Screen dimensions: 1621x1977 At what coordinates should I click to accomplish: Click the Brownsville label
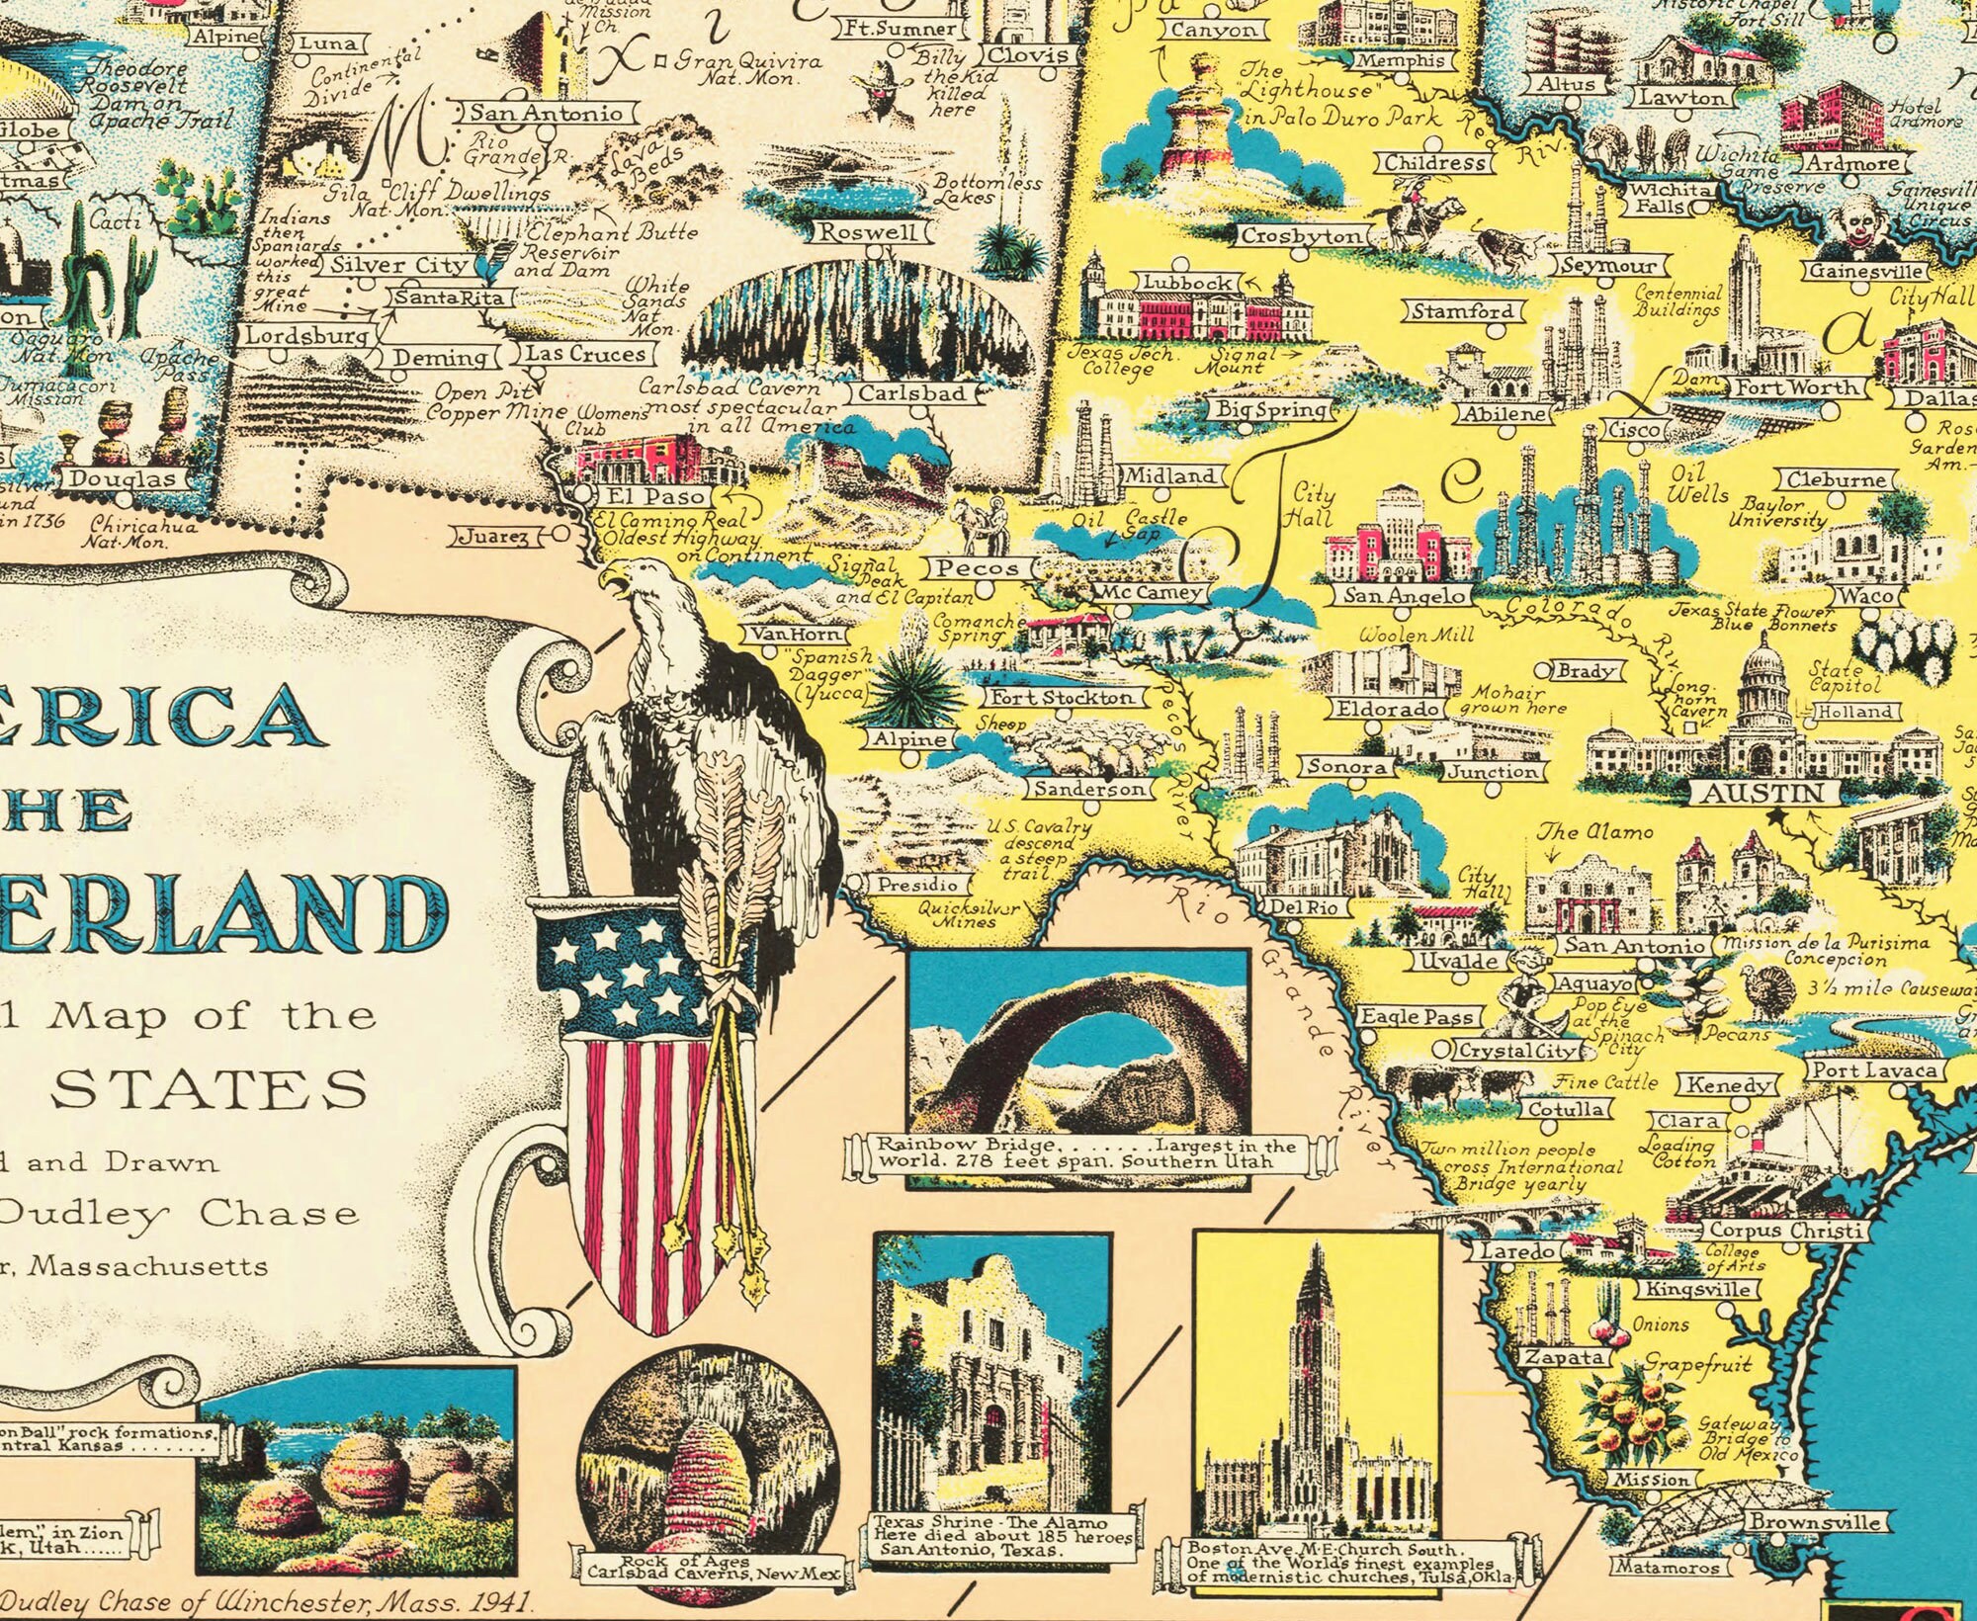click(x=1815, y=1522)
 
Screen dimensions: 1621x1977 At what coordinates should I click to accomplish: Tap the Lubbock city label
click(x=1187, y=283)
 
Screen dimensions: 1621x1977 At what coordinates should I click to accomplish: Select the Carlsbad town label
click(x=911, y=392)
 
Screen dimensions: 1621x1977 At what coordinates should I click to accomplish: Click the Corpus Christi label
click(x=1784, y=1232)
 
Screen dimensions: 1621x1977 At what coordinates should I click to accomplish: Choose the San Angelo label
click(x=1403, y=596)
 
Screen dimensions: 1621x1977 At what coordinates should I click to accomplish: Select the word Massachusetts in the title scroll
click(x=146, y=1266)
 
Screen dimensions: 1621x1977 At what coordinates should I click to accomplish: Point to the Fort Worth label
click(x=1797, y=387)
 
